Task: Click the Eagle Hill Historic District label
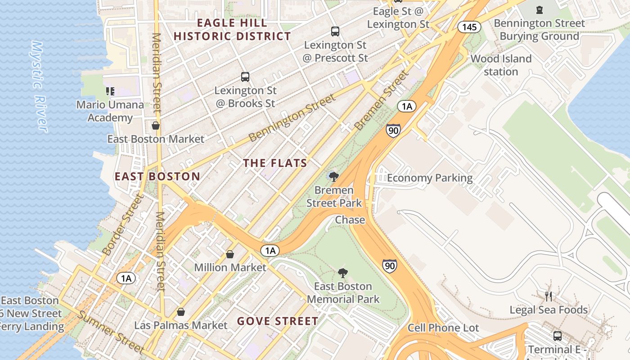[232, 30]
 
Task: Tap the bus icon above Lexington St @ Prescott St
[335, 31]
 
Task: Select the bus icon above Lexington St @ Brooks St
[245, 77]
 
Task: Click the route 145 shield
[469, 27]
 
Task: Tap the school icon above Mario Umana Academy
[110, 91]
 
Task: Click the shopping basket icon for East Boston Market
[156, 126]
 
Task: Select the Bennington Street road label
[292, 118]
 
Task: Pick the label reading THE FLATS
[275, 163]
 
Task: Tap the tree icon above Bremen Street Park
[333, 176]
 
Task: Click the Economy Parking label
[430, 178]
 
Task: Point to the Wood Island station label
[501, 65]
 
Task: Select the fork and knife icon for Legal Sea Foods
[548, 296]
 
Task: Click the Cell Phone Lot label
[443, 328]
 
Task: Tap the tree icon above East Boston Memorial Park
[342, 273]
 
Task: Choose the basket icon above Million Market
[230, 254]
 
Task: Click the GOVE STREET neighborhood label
[278, 321]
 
